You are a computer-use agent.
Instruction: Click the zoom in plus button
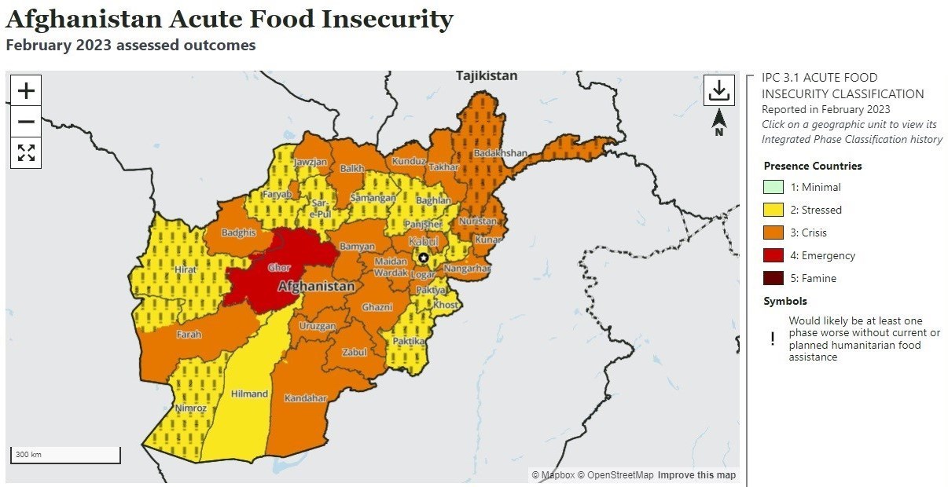[26, 91]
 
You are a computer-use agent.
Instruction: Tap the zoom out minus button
[26, 122]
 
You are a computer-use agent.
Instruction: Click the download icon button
[718, 90]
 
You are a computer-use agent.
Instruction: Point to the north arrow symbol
[718, 122]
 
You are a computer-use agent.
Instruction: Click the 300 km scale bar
[65, 455]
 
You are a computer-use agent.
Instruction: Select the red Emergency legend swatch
[773, 255]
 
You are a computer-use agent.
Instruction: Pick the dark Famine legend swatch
[773, 278]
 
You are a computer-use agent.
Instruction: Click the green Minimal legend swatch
[773, 187]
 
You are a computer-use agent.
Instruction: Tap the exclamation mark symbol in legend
[773, 339]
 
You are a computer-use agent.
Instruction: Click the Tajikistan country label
[487, 76]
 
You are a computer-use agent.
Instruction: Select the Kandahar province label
[305, 398]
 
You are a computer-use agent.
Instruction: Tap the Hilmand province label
[249, 394]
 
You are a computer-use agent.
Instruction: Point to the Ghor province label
[279, 268]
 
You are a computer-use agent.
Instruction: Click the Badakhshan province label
[502, 153]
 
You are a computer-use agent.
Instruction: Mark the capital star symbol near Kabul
[424, 258]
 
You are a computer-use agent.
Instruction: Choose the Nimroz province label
[192, 408]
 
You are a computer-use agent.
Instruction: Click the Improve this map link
[696, 475]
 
